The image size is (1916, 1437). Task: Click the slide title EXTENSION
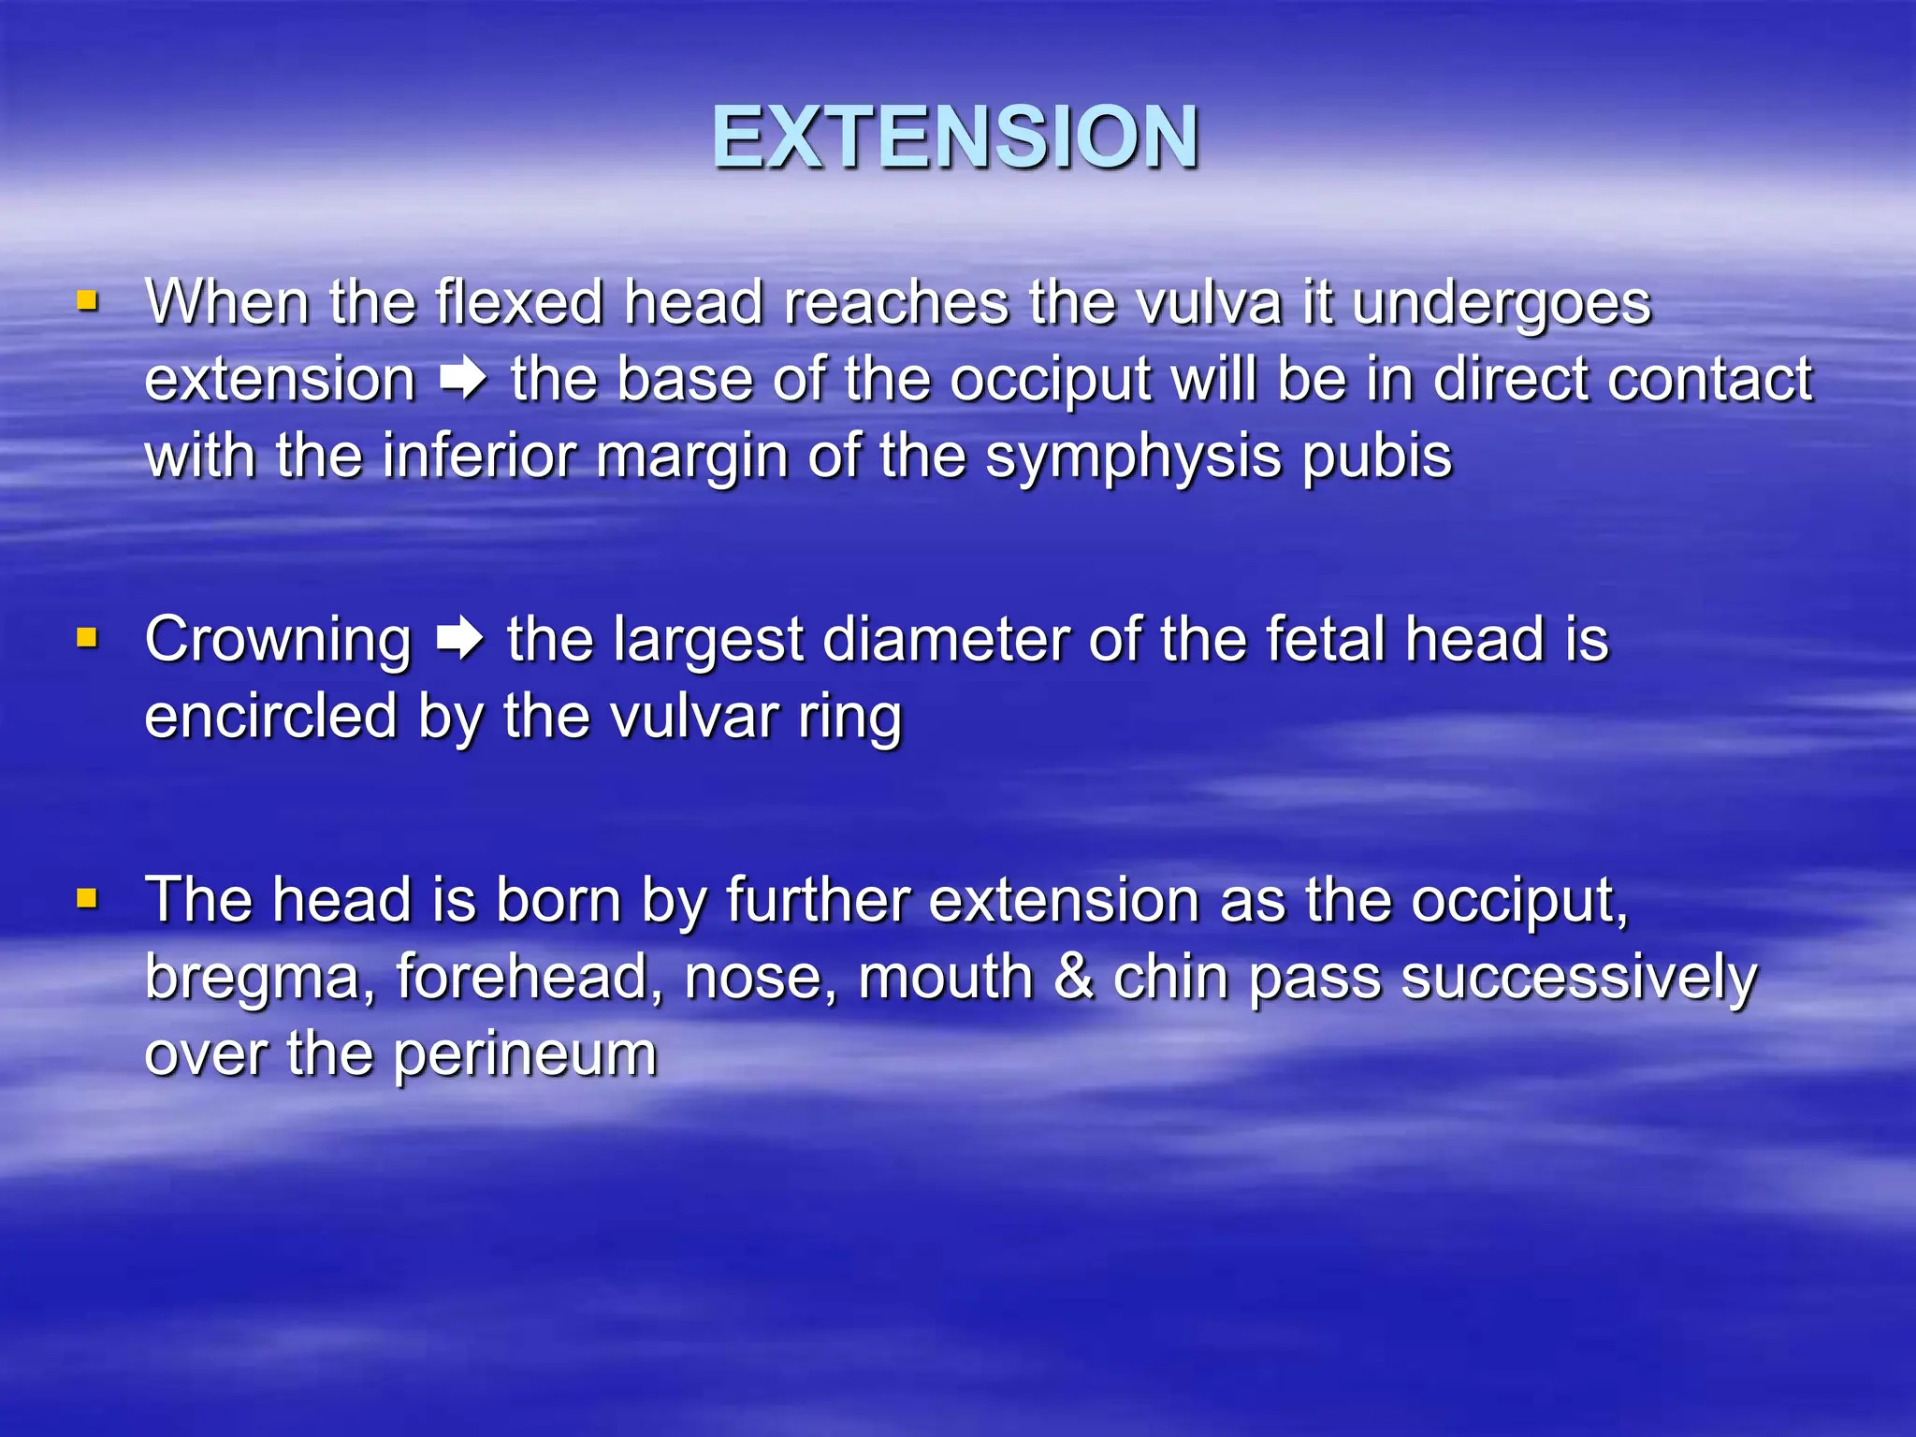coord(955,138)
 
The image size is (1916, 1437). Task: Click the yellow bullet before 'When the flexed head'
coord(87,301)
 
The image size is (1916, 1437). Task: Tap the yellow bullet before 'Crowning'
coord(87,638)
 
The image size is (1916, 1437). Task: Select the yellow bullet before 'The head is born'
coord(87,899)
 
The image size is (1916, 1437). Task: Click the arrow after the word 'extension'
coord(463,380)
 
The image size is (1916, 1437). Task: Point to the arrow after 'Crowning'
coord(459,640)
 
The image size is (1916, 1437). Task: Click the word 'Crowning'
coord(278,641)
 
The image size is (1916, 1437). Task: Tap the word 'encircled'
coord(271,717)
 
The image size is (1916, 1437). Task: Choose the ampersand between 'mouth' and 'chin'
coord(1074,977)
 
